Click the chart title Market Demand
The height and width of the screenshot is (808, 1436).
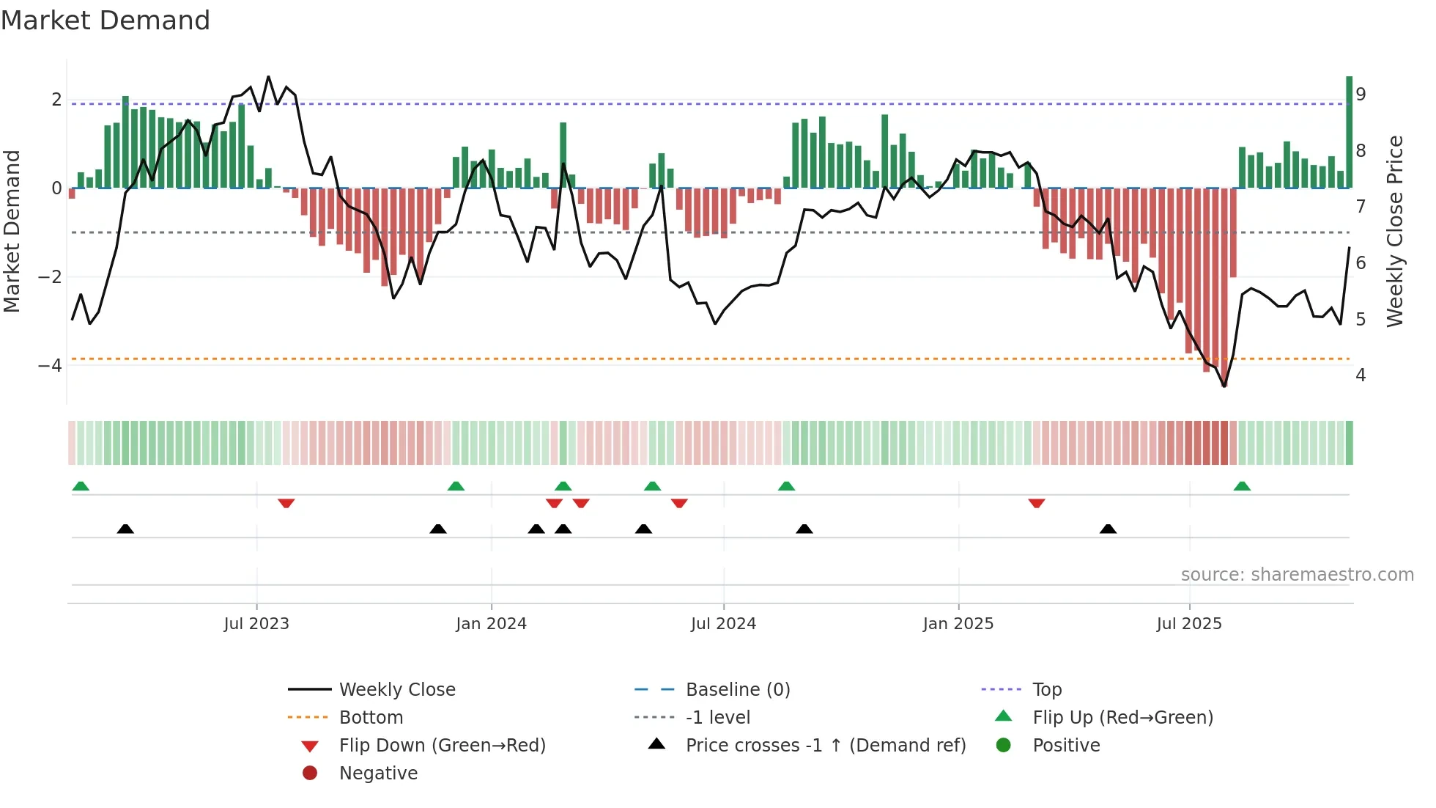pyautogui.click(x=106, y=21)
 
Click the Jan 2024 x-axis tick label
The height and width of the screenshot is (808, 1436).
pyautogui.click(x=491, y=624)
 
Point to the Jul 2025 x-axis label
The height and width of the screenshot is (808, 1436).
pyautogui.click(x=1189, y=624)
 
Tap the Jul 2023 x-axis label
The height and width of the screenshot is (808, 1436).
pyautogui.click(x=256, y=624)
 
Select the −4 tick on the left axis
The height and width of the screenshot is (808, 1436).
pyautogui.click(x=50, y=365)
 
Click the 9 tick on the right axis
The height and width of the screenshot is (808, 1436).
pyautogui.click(x=1361, y=95)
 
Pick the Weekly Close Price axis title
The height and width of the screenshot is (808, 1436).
pyautogui.click(x=1395, y=231)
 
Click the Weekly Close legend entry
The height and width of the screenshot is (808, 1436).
pyautogui.click(x=396, y=690)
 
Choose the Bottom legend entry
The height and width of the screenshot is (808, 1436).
pyautogui.click(x=371, y=718)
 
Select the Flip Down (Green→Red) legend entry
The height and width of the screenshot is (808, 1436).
pyautogui.click(x=442, y=746)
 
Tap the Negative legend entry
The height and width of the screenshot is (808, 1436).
pyautogui.click(x=378, y=774)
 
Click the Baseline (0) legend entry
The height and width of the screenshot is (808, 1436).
pyautogui.click(x=737, y=690)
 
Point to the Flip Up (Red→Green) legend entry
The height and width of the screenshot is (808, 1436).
pyautogui.click(x=1122, y=718)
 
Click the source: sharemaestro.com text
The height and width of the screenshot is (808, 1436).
pyautogui.click(x=1297, y=575)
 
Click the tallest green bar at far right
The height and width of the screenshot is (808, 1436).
pyautogui.click(x=1349, y=132)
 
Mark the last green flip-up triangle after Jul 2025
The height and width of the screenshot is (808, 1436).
pyautogui.click(x=1242, y=486)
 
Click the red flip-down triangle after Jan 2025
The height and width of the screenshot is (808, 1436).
pyautogui.click(x=1036, y=503)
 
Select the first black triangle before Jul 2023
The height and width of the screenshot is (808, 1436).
pyautogui.click(x=125, y=529)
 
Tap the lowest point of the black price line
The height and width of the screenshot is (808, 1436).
pyautogui.click(x=1224, y=386)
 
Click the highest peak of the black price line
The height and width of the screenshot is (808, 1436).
pyautogui.click(x=268, y=76)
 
